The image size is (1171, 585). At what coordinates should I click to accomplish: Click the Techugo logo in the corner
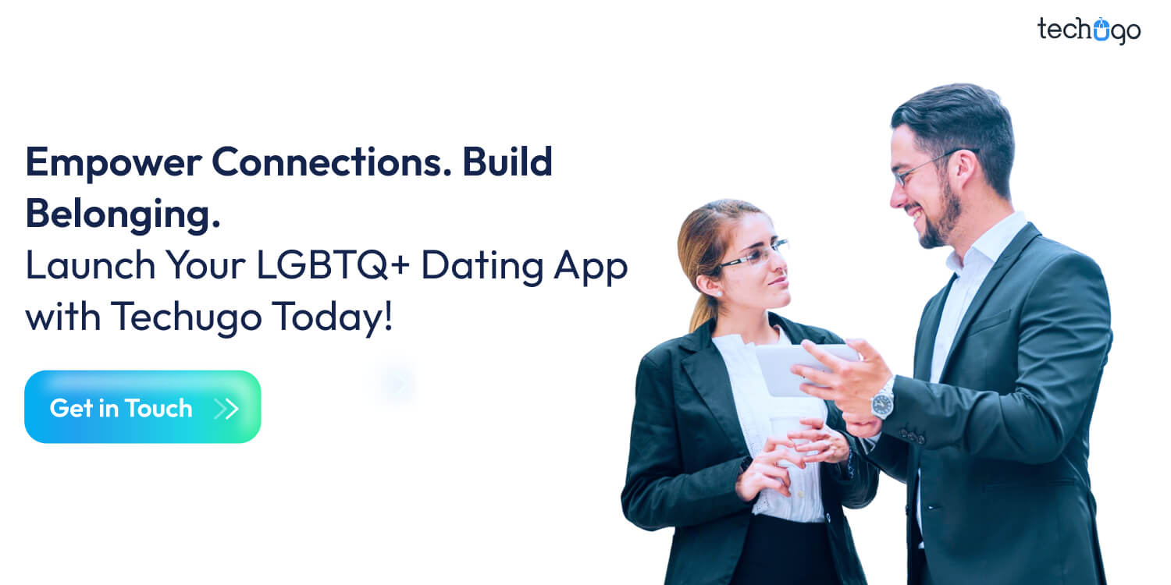pos(1088,30)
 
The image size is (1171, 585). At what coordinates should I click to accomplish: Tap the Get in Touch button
pos(142,407)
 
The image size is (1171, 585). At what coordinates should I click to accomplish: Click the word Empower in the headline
pos(110,163)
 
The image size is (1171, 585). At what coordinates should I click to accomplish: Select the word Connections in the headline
pos(329,163)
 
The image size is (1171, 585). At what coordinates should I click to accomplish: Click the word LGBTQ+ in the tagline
pos(336,266)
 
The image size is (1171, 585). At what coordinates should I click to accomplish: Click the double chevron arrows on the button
pos(226,408)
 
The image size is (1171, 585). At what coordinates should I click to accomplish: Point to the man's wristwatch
pos(883,402)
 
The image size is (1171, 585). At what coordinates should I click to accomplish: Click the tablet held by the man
pos(796,367)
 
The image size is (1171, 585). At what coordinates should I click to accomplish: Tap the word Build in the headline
pos(507,163)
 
